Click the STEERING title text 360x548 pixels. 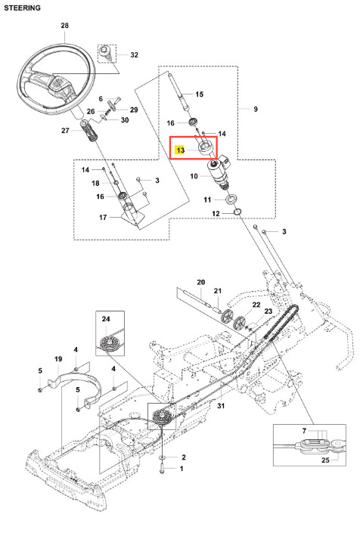click(22, 8)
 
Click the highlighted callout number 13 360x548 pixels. click(180, 150)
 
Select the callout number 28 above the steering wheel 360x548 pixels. click(65, 26)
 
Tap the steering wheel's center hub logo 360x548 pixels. click(57, 84)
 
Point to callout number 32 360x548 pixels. click(134, 55)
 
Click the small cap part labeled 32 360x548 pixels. click(105, 51)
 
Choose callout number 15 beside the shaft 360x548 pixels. click(199, 94)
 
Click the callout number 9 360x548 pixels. click(256, 109)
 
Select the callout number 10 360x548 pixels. click(194, 176)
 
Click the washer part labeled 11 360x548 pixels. click(231, 200)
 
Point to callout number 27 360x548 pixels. click(66, 130)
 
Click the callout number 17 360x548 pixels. click(103, 218)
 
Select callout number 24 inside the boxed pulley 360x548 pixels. click(106, 319)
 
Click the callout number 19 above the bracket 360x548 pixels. click(58, 359)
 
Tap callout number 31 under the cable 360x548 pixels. click(221, 406)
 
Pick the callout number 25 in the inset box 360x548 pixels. click(325, 460)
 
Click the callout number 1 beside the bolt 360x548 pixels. click(182, 469)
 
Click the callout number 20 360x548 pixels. click(201, 282)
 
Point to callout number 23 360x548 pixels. click(268, 311)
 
